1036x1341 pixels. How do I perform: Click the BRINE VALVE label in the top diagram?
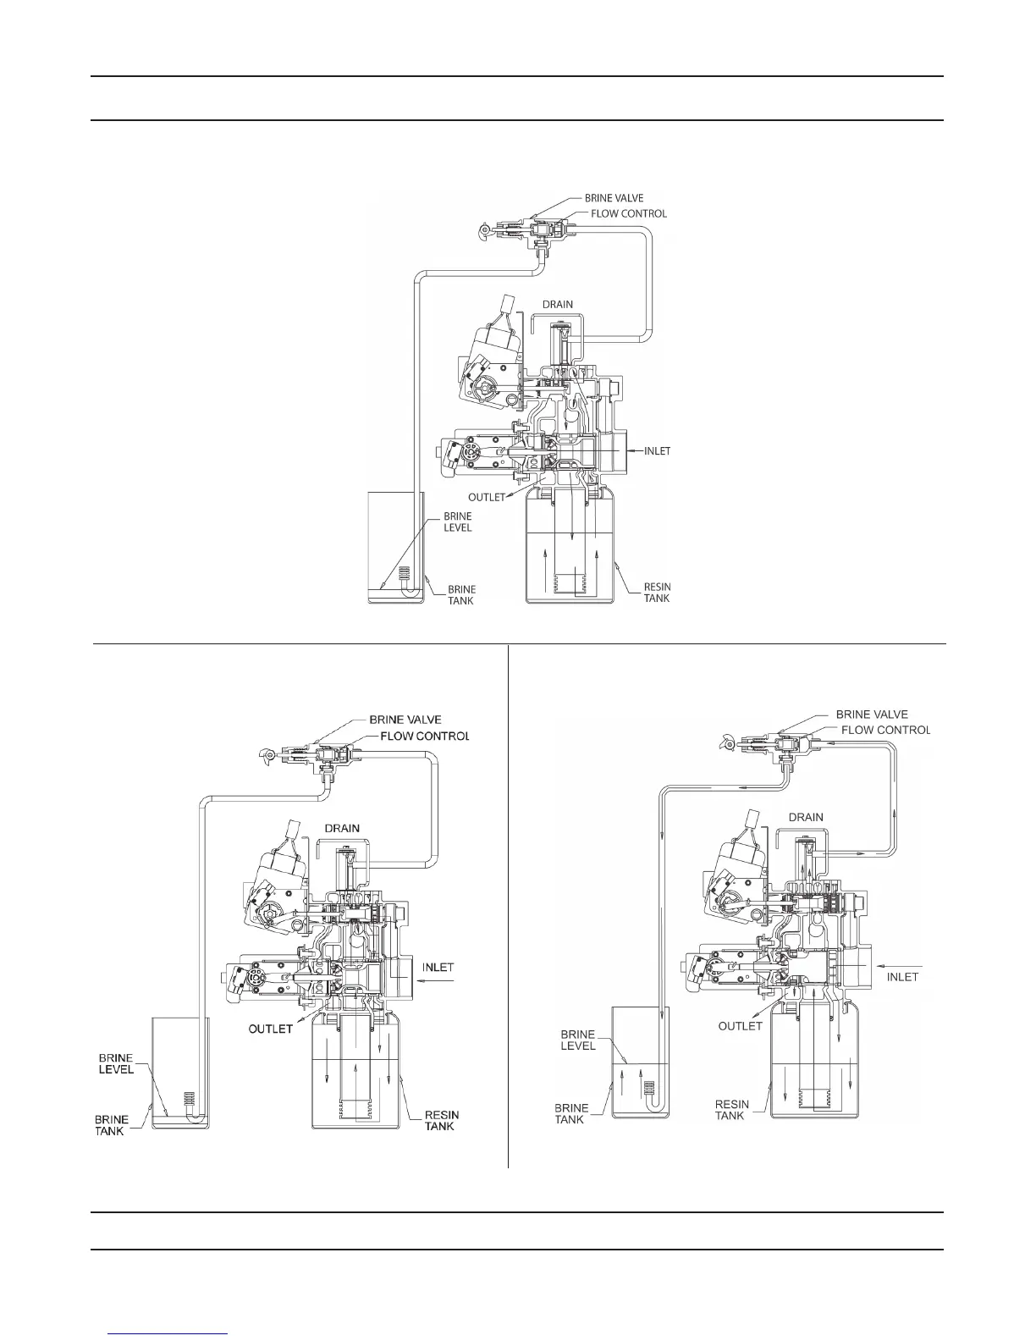[614, 198]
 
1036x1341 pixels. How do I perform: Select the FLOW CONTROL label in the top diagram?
[629, 213]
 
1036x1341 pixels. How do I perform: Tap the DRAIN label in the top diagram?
[557, 304]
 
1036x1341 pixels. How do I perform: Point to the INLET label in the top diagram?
[657, 451]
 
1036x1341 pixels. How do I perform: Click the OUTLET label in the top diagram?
[486, 497]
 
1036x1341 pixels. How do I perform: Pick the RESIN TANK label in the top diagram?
[657, 593]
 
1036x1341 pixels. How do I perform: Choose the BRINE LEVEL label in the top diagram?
[458, 522]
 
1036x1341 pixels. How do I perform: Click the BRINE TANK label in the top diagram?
[461, 595]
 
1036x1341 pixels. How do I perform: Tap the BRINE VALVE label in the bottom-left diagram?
[405, 720]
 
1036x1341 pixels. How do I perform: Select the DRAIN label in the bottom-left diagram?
[342, 828]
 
